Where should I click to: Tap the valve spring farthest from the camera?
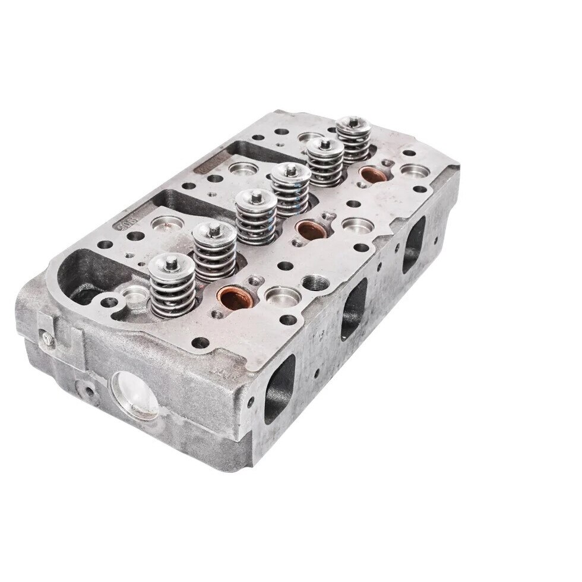pos(355,140)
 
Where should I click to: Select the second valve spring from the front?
pos(214,252)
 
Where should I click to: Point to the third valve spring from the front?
pos(255,217)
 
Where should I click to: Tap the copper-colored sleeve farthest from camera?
pos(372,174)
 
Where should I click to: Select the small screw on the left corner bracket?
pos(46,337)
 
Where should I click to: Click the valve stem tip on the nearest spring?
pos(170,260)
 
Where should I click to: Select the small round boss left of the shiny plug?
pos(89,390)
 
